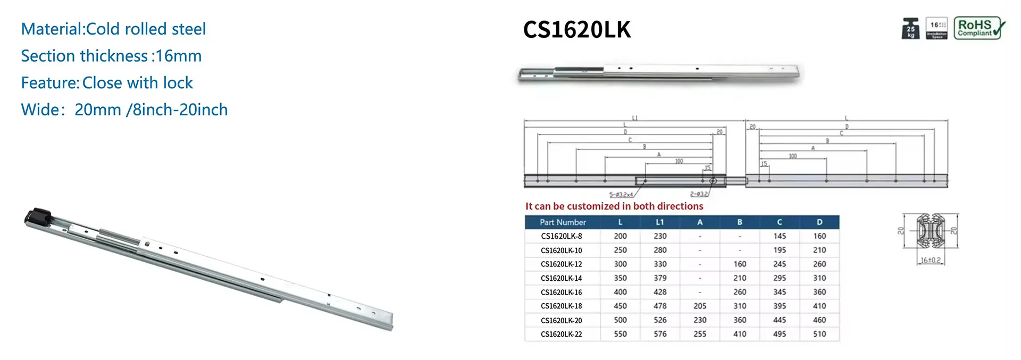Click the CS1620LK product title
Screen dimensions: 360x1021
click(x=576, y=30)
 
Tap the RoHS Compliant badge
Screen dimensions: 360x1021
click(x=979, y=28)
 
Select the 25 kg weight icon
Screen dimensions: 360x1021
click(x=910, y=29)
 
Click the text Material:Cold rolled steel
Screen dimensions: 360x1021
click(x=113, y=29)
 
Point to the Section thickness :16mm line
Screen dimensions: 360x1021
click(x=111, y=56)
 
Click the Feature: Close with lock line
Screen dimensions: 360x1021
click(x=107, y=83)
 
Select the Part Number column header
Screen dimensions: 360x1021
click(x=563, y=222)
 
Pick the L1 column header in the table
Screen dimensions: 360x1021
click(x=660, y=222)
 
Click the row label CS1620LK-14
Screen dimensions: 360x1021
click(x=561, y=278)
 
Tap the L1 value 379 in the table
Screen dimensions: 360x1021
click(x=660, y=278)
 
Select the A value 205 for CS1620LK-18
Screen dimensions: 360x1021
click(x=700, y=306)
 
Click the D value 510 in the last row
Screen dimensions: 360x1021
click(x=819, y=334)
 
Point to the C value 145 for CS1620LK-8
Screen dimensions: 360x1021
click(x=780, y=236)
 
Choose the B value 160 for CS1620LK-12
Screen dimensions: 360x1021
click(x=740, y=264)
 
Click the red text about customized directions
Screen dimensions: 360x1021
click(x=614, y=206)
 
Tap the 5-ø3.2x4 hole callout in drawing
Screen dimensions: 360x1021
click(x=621, y=195)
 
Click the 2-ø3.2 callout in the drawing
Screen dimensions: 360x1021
click(x=699, y=194)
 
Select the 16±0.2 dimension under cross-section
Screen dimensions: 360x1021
click(x=931, y=260)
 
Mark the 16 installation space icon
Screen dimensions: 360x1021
click(x=937, y=29)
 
